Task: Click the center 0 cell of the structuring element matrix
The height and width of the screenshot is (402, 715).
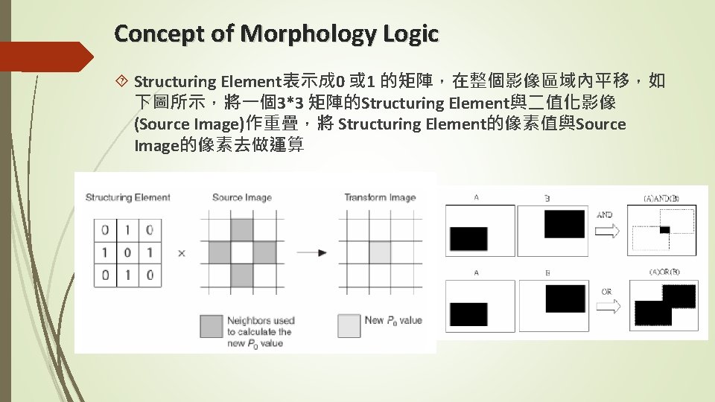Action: coord(127,252)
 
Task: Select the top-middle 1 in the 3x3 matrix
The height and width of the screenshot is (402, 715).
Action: coord(127,230)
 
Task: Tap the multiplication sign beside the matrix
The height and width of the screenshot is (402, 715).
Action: coord(182,253)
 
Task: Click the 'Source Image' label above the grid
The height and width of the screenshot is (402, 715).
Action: coord(241,197)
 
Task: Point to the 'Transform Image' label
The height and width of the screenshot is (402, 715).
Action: coord(379,197)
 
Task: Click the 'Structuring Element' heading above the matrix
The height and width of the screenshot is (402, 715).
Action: coord(127,197)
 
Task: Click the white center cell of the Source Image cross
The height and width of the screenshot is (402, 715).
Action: coord(241,252)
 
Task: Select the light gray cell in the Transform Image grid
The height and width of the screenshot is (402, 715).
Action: coord(380,252)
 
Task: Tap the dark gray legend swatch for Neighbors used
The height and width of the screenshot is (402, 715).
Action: coord(211,326)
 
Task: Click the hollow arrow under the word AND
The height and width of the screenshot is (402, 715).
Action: coord(608,232)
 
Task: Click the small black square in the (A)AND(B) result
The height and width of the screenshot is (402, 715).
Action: coord(665,229)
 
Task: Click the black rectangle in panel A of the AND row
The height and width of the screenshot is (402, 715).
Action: coord(468,238)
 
